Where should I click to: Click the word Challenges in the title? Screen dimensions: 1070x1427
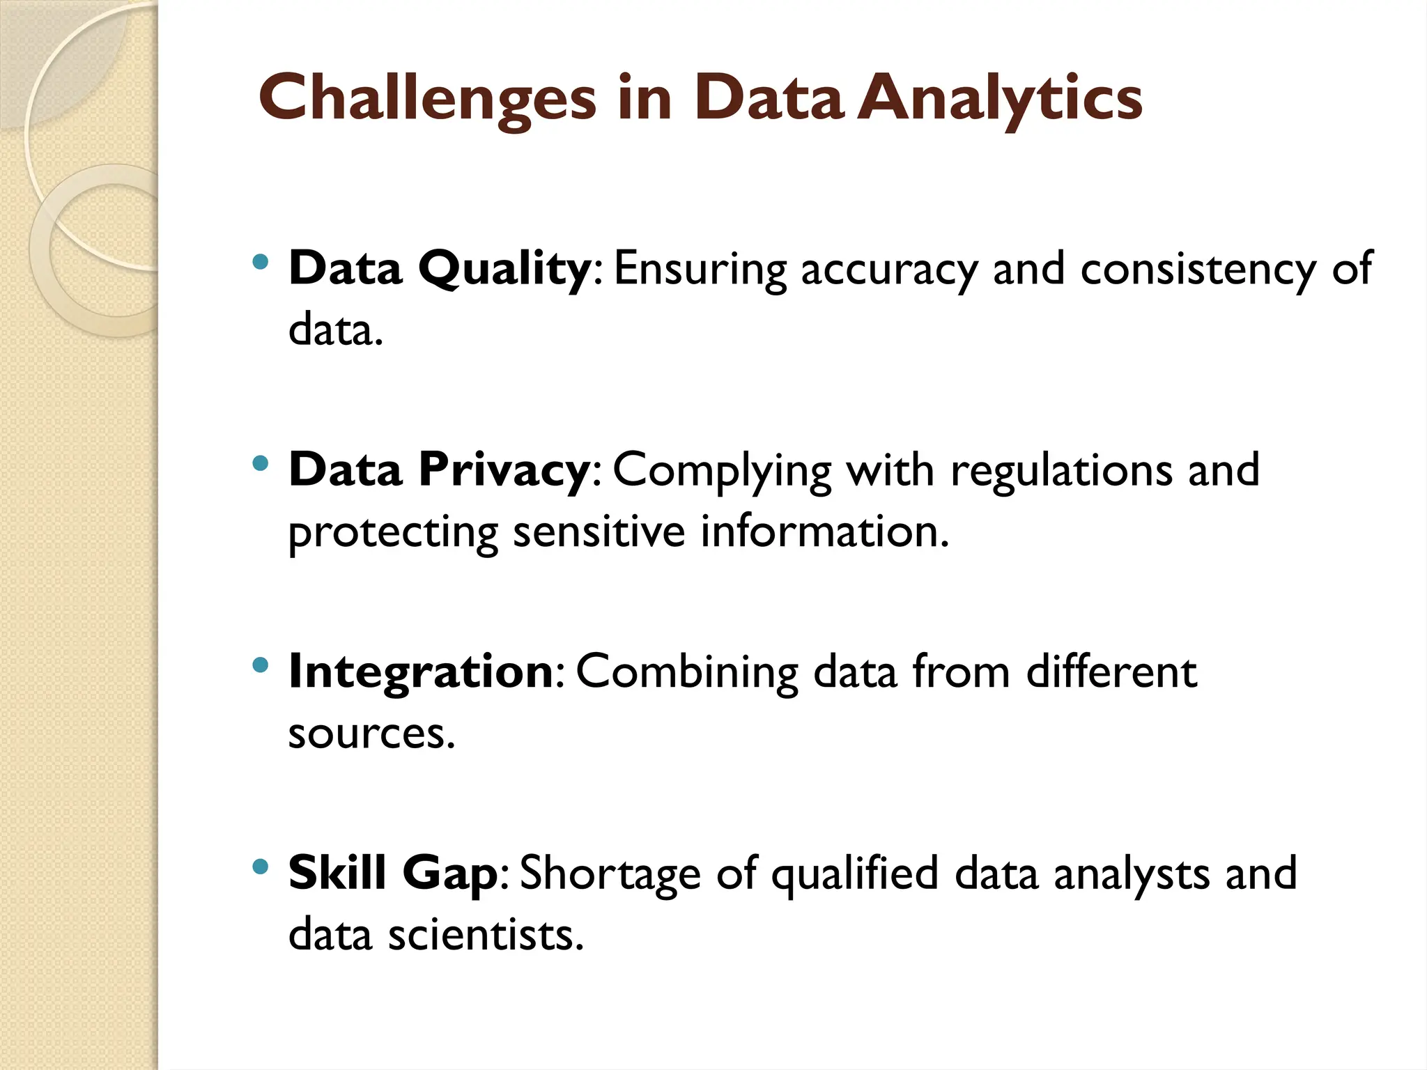427,98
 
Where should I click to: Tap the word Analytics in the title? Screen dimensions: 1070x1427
1000,98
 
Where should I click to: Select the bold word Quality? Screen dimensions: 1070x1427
504,269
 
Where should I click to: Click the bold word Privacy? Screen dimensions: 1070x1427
504,470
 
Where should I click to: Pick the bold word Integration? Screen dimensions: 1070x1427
421,672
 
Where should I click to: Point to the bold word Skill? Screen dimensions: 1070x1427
337,872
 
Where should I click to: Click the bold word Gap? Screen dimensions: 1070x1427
450,874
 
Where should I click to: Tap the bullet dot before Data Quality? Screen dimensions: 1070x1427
261,263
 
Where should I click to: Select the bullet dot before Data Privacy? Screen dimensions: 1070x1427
261,464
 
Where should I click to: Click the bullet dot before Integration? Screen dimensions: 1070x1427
261,665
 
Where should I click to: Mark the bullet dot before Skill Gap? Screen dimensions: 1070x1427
261,867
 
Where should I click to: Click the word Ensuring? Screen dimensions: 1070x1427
700,269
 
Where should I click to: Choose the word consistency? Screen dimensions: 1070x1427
1198,269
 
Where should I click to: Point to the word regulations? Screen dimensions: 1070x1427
1062,470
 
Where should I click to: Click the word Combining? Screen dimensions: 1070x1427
687,672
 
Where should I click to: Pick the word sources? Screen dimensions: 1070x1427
371,734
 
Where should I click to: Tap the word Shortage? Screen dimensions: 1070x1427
610,874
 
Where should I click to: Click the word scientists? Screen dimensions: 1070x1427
485,934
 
